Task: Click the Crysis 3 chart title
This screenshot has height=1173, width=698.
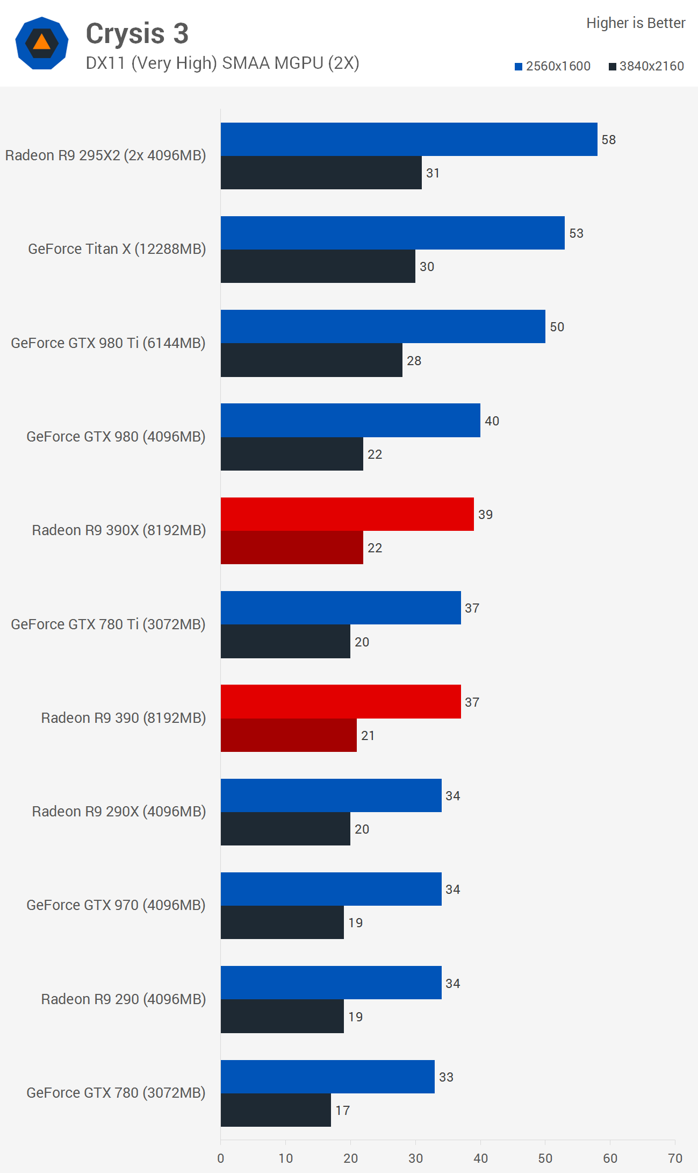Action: click(137, 33)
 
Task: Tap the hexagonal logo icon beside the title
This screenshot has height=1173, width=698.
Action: click(42, 43)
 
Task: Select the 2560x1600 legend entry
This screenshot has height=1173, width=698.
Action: click(552, 66)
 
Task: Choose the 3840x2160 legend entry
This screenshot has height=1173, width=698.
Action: click(646, 66)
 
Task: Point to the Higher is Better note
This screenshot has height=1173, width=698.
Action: click(636, 23)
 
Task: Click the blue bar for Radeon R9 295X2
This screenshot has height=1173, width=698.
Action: click(408, 139)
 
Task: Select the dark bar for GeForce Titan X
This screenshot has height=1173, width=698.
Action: click(318, 266)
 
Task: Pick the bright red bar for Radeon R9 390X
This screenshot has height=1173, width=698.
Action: click(347, 514)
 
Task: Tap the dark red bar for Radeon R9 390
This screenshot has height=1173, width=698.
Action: click(289, 735)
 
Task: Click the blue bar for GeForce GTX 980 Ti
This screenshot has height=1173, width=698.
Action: click(383, 326)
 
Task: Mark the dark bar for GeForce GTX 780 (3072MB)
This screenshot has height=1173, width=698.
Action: click(276, 1110)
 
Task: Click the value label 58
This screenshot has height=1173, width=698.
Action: click(608, 140)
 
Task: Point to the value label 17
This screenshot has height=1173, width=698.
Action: click(342, 1111)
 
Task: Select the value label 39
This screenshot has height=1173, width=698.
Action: click(485, 515)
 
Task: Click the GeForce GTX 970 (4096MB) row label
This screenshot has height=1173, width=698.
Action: click(116, 905)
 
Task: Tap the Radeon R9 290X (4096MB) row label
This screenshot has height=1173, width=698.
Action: click(119, 812)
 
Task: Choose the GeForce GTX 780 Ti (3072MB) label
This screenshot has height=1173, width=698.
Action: click(108, 624)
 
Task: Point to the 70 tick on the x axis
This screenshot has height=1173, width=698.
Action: click(675, 1158)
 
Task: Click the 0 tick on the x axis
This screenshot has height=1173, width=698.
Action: click(221, 1158)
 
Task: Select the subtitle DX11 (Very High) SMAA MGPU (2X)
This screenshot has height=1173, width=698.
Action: click(222, 63)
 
